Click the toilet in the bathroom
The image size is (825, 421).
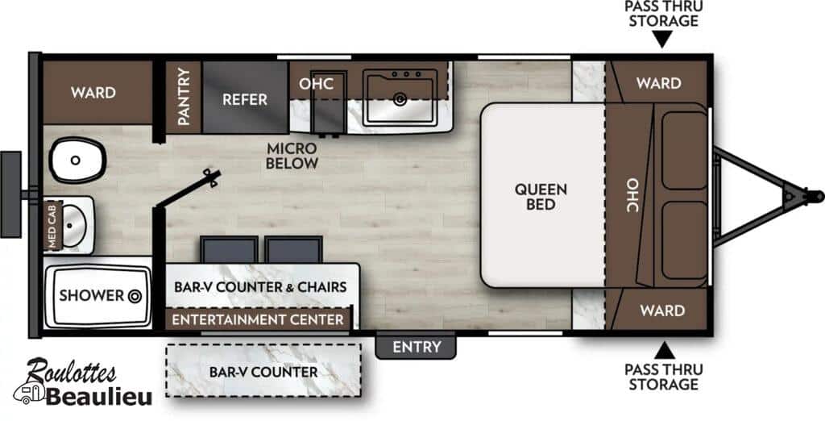[78, 160]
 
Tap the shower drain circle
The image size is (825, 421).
[135, 296]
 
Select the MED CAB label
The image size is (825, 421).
[52, 225]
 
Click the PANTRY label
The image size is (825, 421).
[183, 97]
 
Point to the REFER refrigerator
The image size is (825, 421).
[245, 98]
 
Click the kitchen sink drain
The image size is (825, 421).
[400, 98]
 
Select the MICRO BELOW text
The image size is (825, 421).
[292, 156]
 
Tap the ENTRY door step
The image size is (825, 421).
[416, 346]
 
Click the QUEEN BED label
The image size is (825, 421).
[541, 197]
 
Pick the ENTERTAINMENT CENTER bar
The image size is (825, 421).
[258, 319]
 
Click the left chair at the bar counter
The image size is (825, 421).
[230, 250]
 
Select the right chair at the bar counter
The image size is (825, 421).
[293, 250]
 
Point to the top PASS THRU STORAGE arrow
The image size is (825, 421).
[663, 40]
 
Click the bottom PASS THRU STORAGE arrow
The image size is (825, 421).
[664, 351]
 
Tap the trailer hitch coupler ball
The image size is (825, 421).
[816, 196]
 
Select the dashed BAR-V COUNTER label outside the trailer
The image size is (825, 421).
[263, 372]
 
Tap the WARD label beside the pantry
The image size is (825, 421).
[93, 93]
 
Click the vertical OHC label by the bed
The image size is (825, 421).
[632, 195]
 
